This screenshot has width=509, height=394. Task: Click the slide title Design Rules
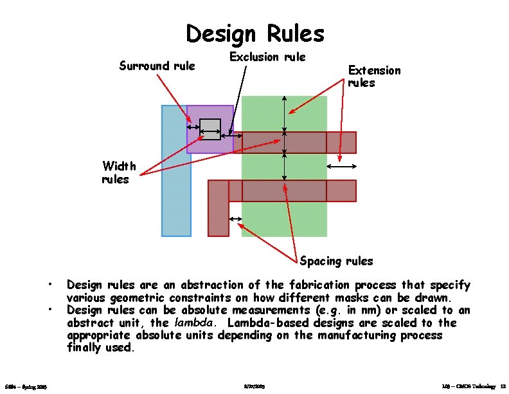tap(254, 33)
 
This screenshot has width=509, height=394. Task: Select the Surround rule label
tap(157, 66)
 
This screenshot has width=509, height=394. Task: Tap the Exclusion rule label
tap(267, 57)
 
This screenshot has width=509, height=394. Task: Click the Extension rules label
tap(374, 77)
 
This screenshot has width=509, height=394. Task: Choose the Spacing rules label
tap(336, 261)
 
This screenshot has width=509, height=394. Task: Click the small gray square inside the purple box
tap(210, 129)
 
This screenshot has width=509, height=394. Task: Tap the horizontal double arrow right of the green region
tap(341, 167)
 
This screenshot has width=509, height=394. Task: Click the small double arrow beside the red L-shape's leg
tap(235, 220)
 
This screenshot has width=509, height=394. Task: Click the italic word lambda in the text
tap(191, 323)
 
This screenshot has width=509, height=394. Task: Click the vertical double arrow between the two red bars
tap(285, 167)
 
